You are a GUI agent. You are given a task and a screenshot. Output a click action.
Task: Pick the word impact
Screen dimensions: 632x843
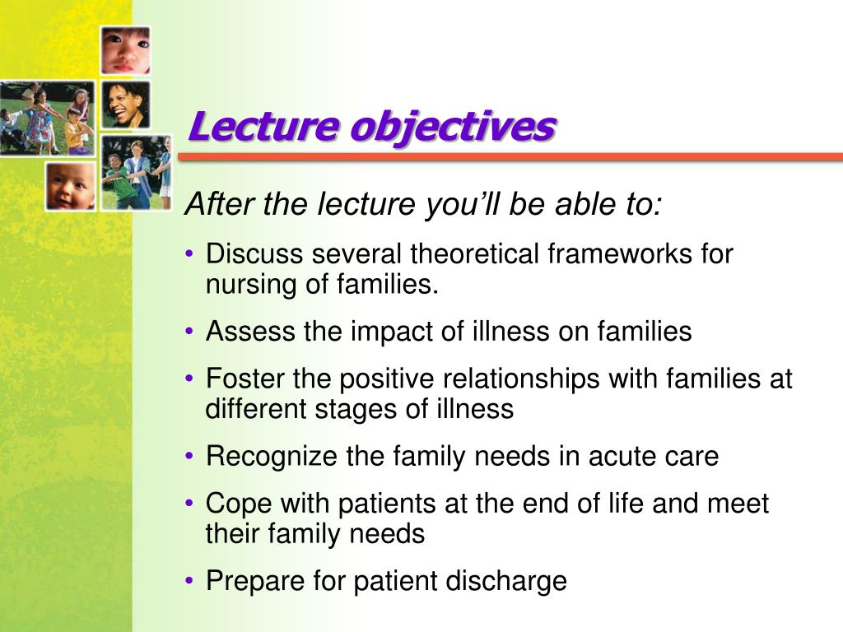click(390, 332)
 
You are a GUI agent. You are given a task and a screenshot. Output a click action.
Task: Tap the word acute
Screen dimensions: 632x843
click(621, 456)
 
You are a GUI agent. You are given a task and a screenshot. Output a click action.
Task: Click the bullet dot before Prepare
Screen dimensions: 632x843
click(190, 581)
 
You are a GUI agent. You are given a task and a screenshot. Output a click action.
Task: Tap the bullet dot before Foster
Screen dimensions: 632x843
click(190, 379)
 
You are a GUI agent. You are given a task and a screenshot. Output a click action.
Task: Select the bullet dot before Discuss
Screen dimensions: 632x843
click(190, 254)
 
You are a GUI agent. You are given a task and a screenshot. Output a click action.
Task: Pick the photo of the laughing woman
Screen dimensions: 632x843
click(125, 104)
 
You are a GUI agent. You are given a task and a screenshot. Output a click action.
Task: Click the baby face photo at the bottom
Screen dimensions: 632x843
click(70, 185)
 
